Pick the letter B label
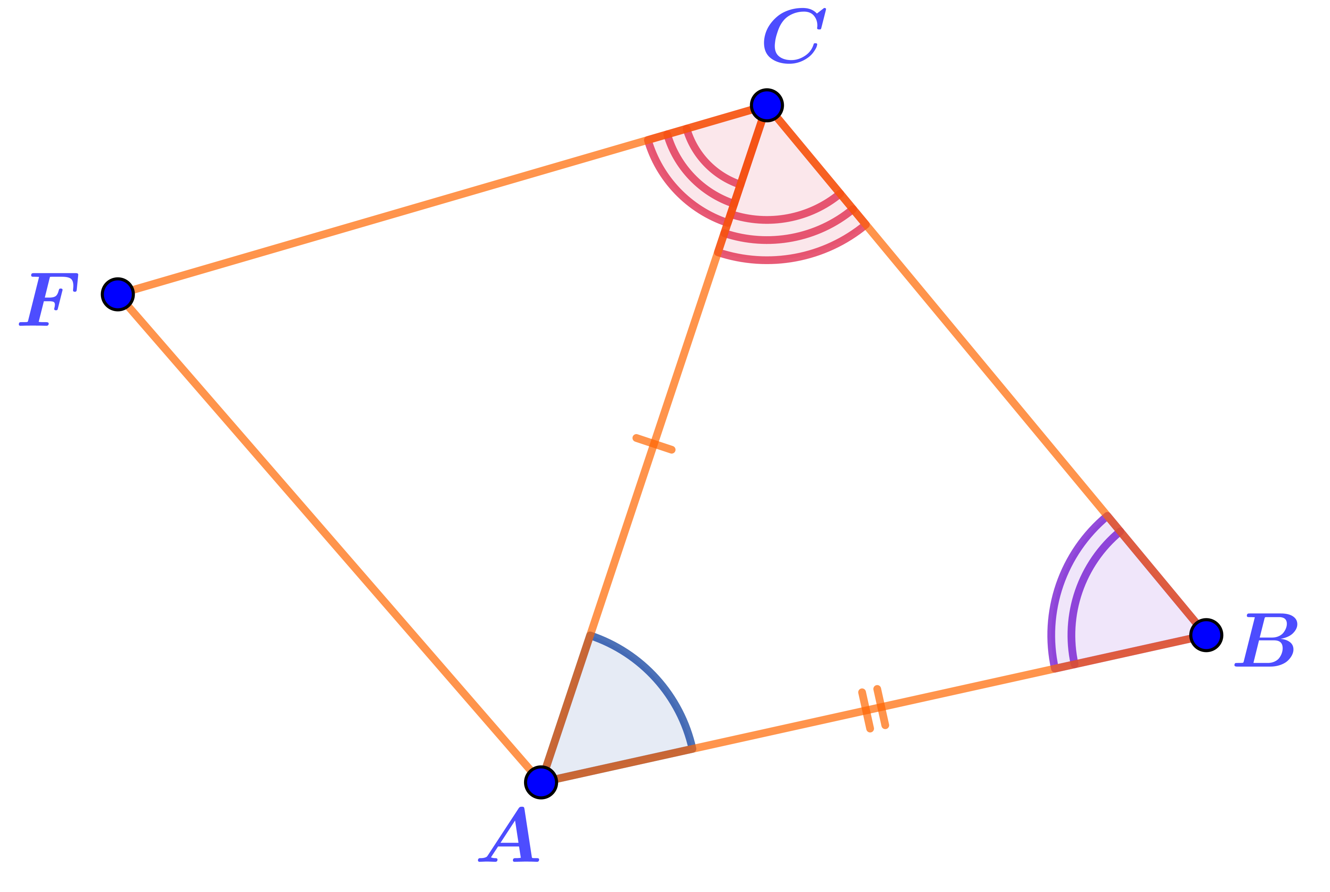1267,640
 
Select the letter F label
49,299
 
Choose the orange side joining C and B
985,370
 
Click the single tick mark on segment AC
654,444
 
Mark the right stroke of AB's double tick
881,707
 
